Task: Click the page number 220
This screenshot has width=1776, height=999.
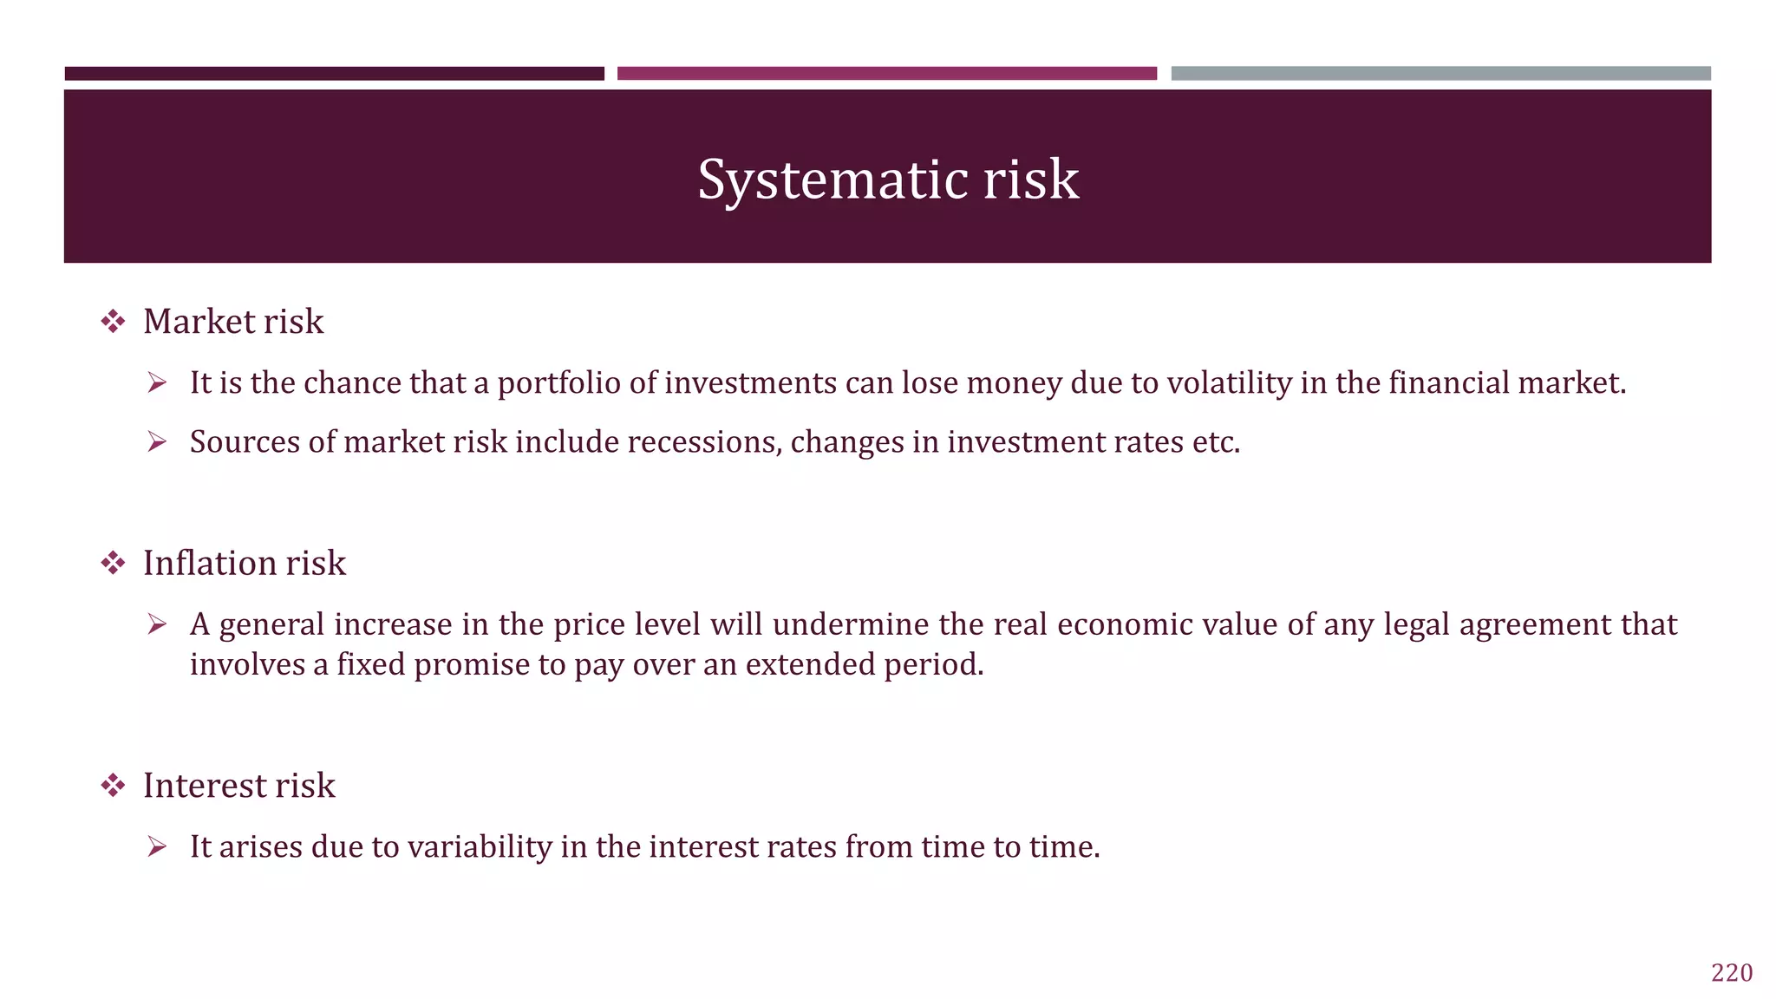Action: pyautogui.click(x=1731, y=973)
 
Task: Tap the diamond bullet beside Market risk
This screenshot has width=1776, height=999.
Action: pyautogui.click(x=113, y=323)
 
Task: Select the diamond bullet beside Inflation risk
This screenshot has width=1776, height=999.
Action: pyautogui.click(x=113, y=564)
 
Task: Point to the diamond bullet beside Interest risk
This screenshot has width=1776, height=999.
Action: pyautogui.click(x=113, y=787)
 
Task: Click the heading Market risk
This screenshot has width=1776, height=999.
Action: pyautogui.click(x=233, y=322)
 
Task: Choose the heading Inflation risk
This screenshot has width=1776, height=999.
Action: pyautogui.click(x=244, y=564)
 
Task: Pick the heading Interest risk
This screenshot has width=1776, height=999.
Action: pyautogui.click(x=238, y=786)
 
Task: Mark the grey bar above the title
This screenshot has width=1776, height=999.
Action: pyautogui.click(x=1440, y=74)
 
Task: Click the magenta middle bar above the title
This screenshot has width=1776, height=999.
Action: pyautogui.click(x=886, y=74)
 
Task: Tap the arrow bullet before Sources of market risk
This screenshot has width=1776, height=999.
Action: pyautogui.click(x=157, y=442)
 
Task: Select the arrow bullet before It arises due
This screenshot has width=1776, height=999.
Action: pyautogui.click(x=157, y=847)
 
